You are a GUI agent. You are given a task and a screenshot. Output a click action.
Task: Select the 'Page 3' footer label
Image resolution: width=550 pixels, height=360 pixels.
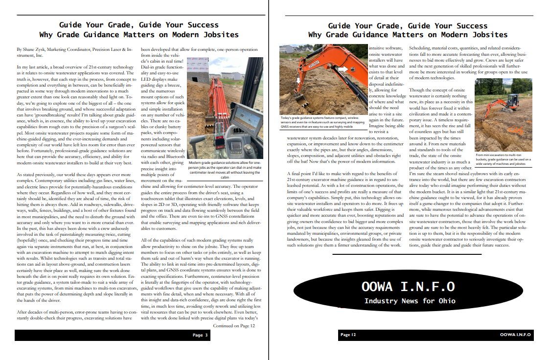200,335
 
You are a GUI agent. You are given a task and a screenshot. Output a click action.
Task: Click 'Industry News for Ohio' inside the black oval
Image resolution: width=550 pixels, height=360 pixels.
410,301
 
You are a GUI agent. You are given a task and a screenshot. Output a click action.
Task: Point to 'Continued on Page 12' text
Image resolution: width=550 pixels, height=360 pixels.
234,325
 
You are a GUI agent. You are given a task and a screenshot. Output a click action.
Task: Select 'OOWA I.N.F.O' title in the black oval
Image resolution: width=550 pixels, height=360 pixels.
408,287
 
